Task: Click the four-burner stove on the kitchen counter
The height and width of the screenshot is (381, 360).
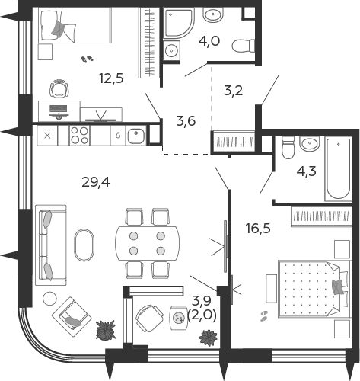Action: coord(80,135)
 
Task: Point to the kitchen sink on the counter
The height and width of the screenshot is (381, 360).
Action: coord(135,135)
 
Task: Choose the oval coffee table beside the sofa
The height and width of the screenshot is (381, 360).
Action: coord(85,246)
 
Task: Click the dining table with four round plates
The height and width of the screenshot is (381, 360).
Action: coord(147,243)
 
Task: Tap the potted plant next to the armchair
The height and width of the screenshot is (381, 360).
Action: coord(104,330)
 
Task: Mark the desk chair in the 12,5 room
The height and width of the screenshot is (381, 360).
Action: coord(58,88)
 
